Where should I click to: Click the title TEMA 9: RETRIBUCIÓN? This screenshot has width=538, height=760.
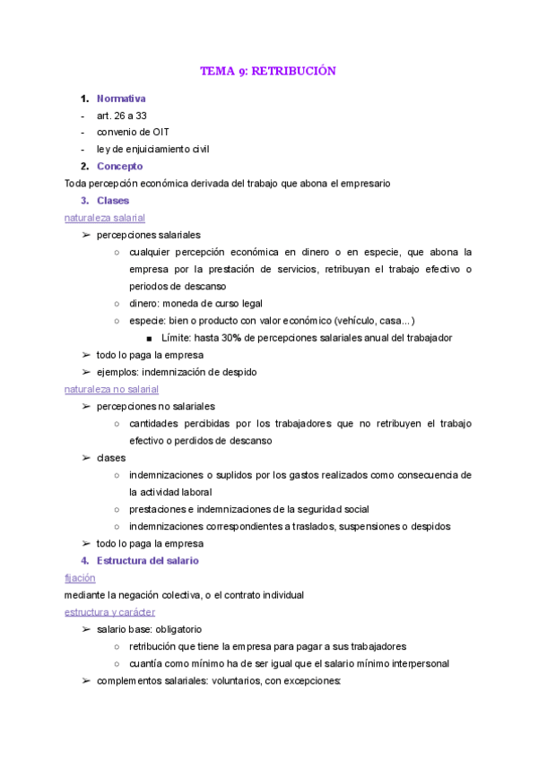(x=268, y=71)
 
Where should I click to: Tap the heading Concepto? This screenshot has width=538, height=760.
(x=119, y=167)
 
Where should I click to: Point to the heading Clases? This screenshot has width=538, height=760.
(x=113, y=201)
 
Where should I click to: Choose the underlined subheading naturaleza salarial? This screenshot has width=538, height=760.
(x=105, y=218)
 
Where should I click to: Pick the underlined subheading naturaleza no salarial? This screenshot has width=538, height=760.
(x=111, y=389)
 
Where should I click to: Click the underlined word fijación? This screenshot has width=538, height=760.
(x=80, y=578)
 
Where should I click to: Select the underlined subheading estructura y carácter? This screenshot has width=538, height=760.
(x=109, y=612)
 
